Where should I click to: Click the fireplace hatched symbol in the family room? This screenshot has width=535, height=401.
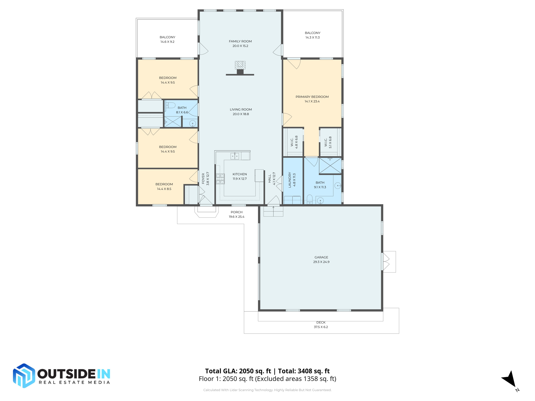tap(240, 65)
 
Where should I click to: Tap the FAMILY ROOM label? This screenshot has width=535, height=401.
tap(240, 41)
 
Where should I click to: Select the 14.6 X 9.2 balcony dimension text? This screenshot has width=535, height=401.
tap(167, 42)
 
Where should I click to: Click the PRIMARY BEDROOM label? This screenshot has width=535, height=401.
tap(312, 97)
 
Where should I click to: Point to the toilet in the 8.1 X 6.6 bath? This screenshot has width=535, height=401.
tap(171, 105)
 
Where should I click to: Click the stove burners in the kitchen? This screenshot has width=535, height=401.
tap(220, 179)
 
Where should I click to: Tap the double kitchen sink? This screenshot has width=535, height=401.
tap(235, 156)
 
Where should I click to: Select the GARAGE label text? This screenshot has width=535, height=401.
tap(321, 257)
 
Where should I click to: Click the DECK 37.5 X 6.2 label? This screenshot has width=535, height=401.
tap(321, 325)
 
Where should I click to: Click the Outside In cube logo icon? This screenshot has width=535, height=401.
tap(24, 375)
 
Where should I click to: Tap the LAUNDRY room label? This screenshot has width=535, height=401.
tap(290, 180)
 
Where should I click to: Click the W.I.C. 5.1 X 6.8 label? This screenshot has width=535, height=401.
tap(328, 142)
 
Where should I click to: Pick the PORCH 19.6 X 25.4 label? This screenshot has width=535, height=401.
tap(236, 214)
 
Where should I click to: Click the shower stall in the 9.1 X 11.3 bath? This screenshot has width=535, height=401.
tap(330, 166)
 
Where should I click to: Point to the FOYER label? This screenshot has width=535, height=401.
tap(203, 179)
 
